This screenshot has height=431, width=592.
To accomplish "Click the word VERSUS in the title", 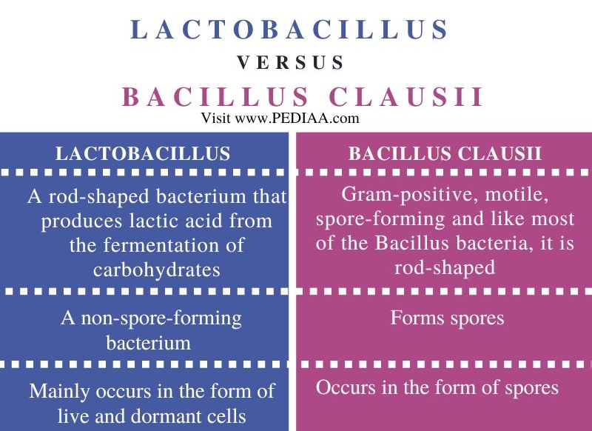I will click(291, 63).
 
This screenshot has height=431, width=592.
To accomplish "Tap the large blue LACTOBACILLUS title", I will click(290, 30).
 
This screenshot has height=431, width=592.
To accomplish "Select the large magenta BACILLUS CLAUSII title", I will click(303, 98).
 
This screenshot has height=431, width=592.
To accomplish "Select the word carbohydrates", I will click(156, 269).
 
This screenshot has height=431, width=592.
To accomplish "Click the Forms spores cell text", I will click(447, 318).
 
